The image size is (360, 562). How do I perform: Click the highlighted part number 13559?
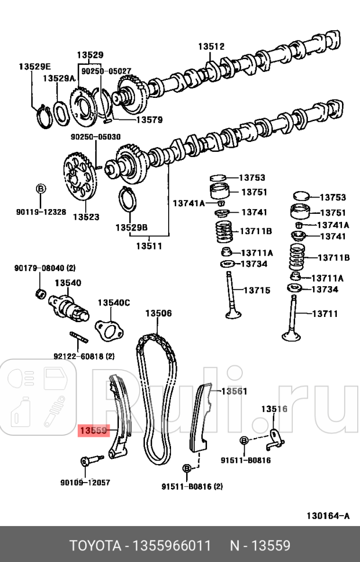93,430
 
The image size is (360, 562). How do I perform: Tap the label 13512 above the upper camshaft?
210,46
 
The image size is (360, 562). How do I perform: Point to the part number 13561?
234,391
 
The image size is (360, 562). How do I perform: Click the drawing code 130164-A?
328,516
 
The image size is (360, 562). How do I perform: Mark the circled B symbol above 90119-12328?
41,188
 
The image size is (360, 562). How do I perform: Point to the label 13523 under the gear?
86,217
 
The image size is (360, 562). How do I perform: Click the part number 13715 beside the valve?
256,290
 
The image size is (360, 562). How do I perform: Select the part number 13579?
149,120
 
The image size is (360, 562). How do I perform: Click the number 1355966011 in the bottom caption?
173,545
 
